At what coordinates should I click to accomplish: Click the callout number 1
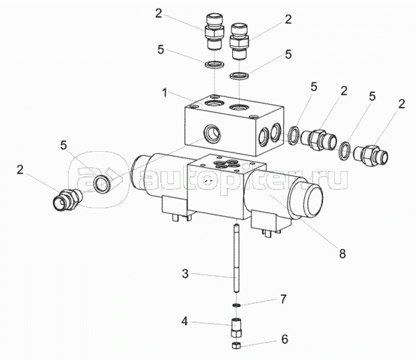tap(165, 93)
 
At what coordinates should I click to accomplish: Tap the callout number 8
tap(343, 254)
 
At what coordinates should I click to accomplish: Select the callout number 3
tap(185, 273)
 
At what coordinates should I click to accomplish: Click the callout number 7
tap(284, 299)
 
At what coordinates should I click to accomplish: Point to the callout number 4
tap(185, 322)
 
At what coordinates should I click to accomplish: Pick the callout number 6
tap(285, 339)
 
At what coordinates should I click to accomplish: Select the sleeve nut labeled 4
tap(236, 328)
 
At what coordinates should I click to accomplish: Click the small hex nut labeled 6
tap(236, 345)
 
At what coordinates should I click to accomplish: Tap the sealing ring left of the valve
tap(102, 184)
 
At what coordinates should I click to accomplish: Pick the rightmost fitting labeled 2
tap(371, 156)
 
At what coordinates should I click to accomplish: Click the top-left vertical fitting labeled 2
tap(215, 32)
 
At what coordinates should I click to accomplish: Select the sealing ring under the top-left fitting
tap(215, 64)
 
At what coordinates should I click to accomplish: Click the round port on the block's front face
tap(212, 133)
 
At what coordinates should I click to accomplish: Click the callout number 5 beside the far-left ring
tap(64, 145)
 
